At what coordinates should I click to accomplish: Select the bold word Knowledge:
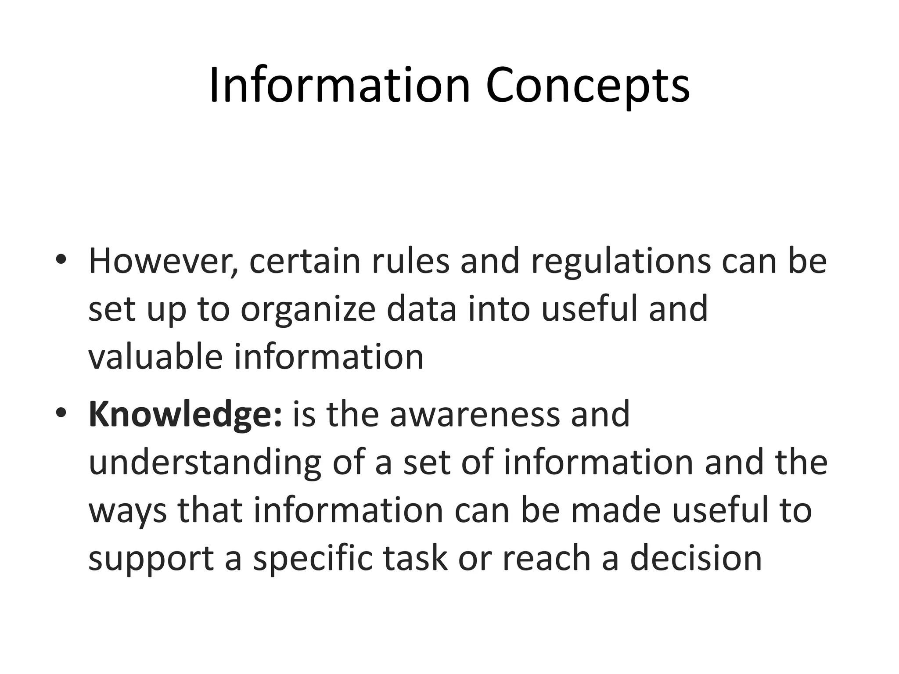tap(185, 415)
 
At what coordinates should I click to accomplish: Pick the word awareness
tap(475, 415)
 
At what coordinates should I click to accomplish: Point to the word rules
tap(410, 261)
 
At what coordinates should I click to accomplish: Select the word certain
tap(305, 261)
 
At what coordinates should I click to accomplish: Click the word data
tap(421, 309)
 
